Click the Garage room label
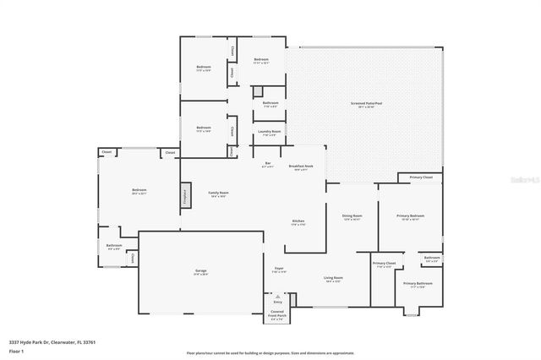[200, 271]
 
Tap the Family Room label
[219, 194]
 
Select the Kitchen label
[298, 222]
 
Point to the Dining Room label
[352, 216]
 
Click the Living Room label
[333, 278]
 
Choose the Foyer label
[279, 270]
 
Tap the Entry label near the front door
[277, 302]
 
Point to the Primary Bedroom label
[411, 216]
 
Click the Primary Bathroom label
[418, 284]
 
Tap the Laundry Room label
[270, 133]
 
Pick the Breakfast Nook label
[302, 166]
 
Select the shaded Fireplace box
[182, 194]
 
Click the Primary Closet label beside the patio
[421, 177]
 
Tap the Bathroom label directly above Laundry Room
[270, 104]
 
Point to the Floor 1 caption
[17, 349]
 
